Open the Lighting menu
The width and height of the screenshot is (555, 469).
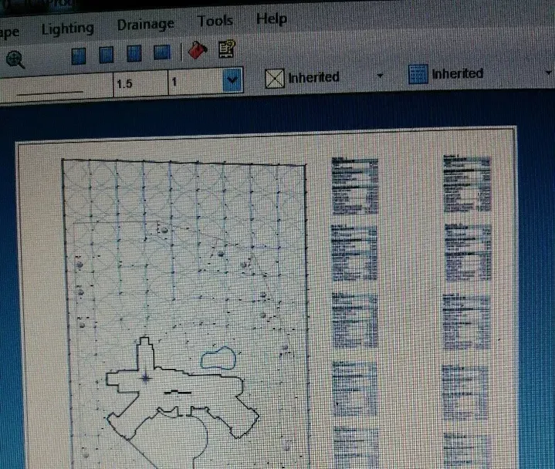tap(67, 29)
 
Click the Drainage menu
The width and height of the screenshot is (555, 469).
tap(145, 25)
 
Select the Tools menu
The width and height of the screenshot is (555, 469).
tap(215, 21)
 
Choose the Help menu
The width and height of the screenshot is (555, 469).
tap(271, 19)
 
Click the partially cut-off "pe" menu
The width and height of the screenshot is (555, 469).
tap(9, 31)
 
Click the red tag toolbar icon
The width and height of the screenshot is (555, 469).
tap(198, 52)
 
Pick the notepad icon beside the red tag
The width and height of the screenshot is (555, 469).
tap(226, 50)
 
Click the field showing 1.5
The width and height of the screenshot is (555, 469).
tap(137, 83)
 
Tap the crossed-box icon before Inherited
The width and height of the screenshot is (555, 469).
tap(274, 78)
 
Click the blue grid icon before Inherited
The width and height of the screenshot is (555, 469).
tap(418, 75)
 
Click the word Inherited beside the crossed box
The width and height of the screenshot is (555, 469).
tap(313, 77)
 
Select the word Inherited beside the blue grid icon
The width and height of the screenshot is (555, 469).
tap(457, 74)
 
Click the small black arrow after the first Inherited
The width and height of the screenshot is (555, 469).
tap(380, 76)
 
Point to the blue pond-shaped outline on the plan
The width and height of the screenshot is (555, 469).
tap(218, 357)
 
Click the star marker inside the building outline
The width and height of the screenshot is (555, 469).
tap(145, 377)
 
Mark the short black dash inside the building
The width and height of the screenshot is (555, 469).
tap(177, 392)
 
